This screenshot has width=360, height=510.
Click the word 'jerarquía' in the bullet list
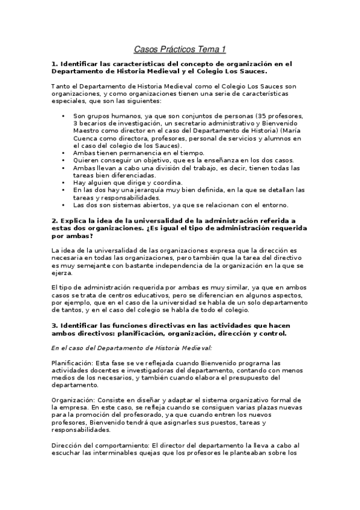[144, 189]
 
